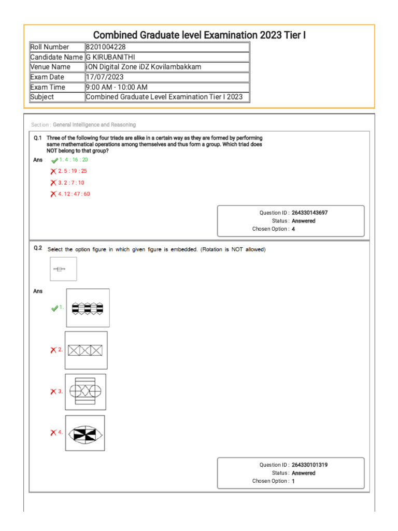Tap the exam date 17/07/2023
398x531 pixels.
pos(105,77)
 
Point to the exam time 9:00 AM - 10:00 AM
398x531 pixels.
pos(117,87)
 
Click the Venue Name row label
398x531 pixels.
pos(50,67)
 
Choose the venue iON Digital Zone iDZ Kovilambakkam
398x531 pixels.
pos(144,67)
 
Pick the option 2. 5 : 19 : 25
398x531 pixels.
pos(73,171)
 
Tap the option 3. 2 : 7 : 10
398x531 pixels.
pos(71,183)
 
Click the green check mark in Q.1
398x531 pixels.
pos(54,160)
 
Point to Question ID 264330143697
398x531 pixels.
pos(309,213)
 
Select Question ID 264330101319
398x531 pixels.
pos(309,465)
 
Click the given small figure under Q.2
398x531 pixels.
pos(63,269)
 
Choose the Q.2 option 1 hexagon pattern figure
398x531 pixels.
pos(88,308)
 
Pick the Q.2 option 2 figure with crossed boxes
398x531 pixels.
pos(86,350)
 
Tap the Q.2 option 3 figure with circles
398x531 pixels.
pos(86,392)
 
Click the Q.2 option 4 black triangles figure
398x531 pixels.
pos(85,433)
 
